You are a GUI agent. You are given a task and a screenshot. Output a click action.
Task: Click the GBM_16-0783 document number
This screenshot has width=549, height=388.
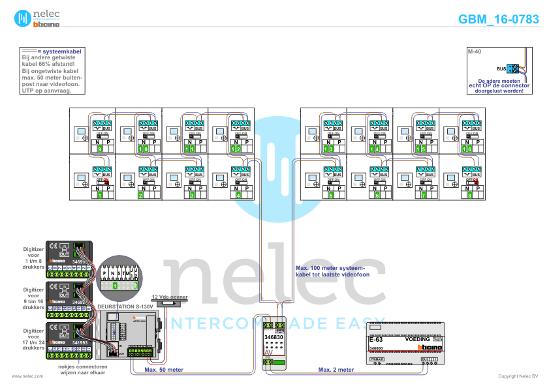pyautogui.click(x=499, y=20)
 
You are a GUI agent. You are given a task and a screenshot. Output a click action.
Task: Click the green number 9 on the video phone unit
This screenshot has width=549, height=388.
pyautogui.click(x=99, y=149)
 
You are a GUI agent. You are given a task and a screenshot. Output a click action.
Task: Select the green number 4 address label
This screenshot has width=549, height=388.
pyautogui.click(x=239, y=195)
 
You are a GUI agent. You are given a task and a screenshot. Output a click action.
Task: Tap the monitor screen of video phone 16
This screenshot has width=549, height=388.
pyautogui.click(x=450, y=132)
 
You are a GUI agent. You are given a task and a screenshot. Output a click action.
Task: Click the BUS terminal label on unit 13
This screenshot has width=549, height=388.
pyautogui.click(x=337, y=128)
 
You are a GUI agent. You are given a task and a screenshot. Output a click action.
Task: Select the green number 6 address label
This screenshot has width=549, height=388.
pyautogui.click(x=377, y=195)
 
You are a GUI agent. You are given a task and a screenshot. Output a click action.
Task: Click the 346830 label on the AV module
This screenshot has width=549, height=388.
pyautogui.click(x=274, y=337)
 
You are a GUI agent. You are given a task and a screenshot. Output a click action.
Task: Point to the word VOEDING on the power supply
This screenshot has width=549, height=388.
pyautogui.click(x=417, y=340)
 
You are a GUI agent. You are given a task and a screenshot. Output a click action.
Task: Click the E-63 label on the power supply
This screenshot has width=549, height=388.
pyautogui.click(x=375, y=340)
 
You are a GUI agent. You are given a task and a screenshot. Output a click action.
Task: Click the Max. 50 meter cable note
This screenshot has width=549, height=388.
pyautogui.click(x=164, y=370)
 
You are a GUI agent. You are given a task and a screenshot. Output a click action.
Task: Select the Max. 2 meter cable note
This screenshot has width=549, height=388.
pyautogui.click(x=336, y=370)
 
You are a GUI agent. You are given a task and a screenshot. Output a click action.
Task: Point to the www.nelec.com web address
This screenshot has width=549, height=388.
pyautogui.click(x=27, y=376)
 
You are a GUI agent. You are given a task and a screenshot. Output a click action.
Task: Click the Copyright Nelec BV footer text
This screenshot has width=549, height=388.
pyautogui.click(x=518, y=376)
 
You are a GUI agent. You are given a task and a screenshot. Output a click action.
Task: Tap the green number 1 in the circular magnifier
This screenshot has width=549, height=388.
pyautogui.click(x=115, y=286)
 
